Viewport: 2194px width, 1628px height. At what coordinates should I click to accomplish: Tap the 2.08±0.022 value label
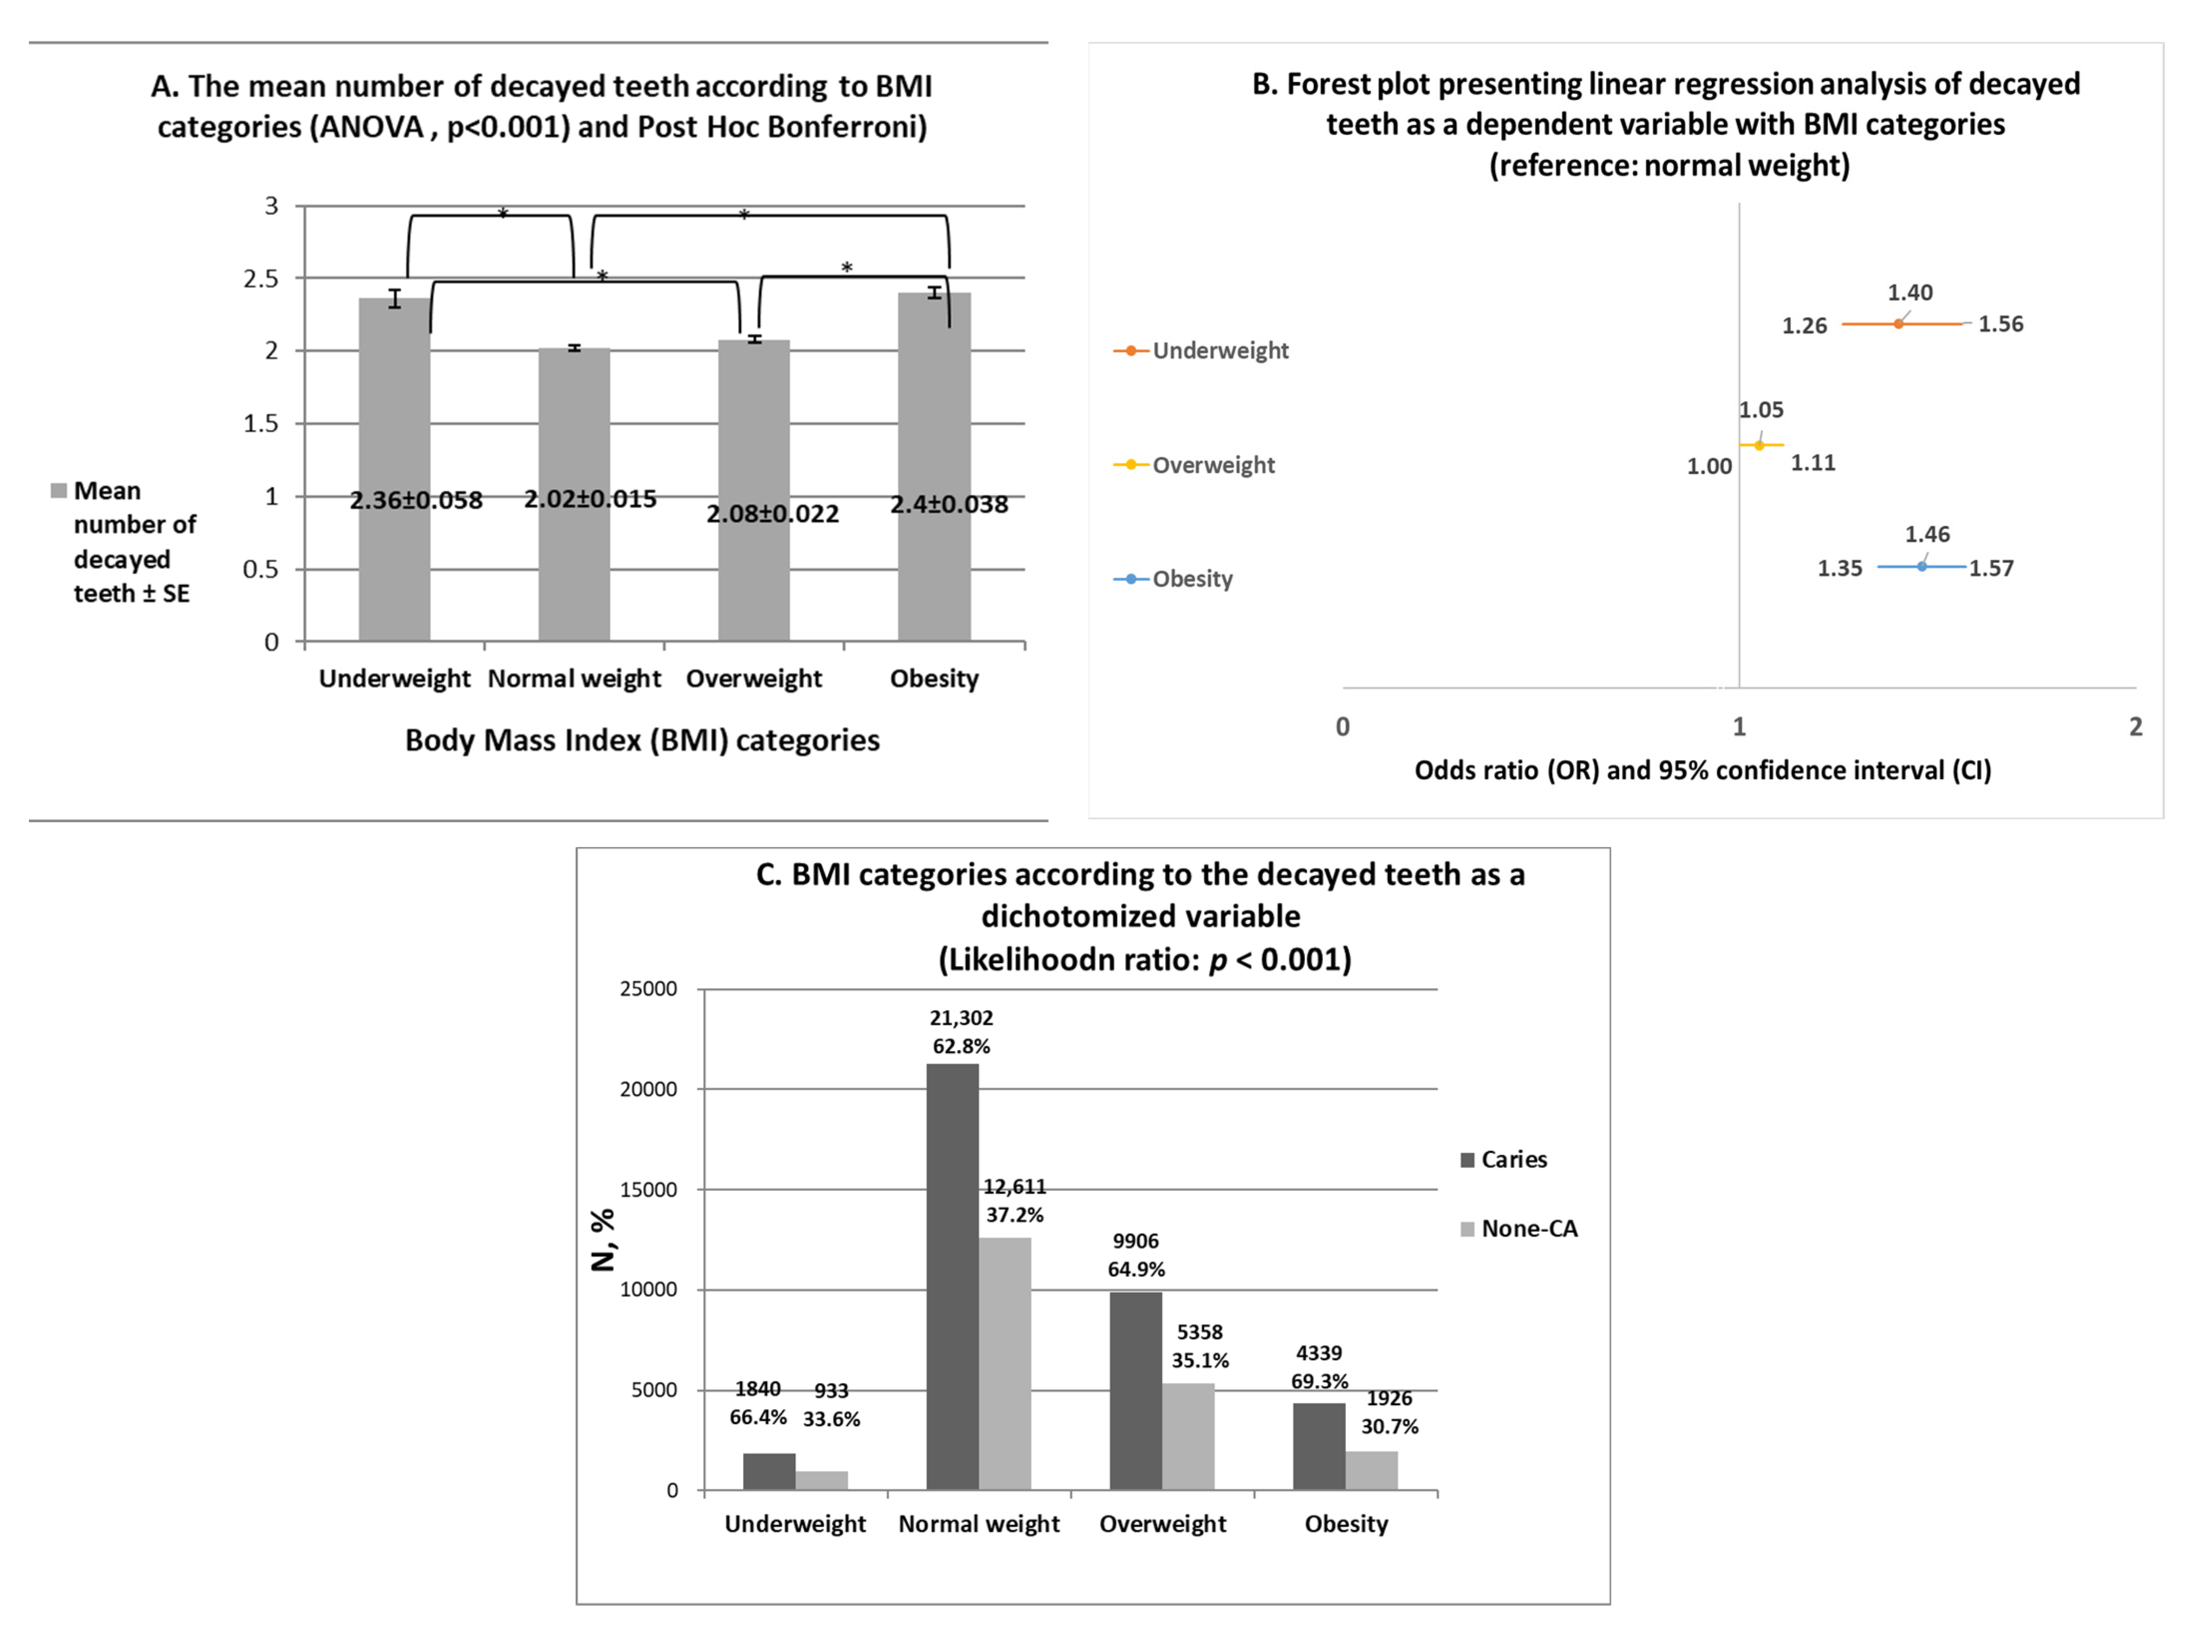coord(773,513)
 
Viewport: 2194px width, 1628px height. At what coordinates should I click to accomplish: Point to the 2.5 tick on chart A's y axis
coord(261,279)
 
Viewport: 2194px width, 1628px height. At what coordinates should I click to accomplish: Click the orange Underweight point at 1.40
coord(1898,323)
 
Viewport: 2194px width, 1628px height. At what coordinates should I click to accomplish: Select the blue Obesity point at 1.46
coord(1921,567)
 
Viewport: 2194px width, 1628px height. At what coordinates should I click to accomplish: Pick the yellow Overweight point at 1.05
coord(1760,445)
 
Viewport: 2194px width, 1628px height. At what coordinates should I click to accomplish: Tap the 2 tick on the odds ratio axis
coord(2135,727)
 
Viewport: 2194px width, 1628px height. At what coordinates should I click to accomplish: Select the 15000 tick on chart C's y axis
coord(648,1190)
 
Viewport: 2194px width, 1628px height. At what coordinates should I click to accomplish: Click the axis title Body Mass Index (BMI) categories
coord(642,740)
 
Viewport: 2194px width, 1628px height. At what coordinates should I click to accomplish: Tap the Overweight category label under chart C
coord(1163,1524)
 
